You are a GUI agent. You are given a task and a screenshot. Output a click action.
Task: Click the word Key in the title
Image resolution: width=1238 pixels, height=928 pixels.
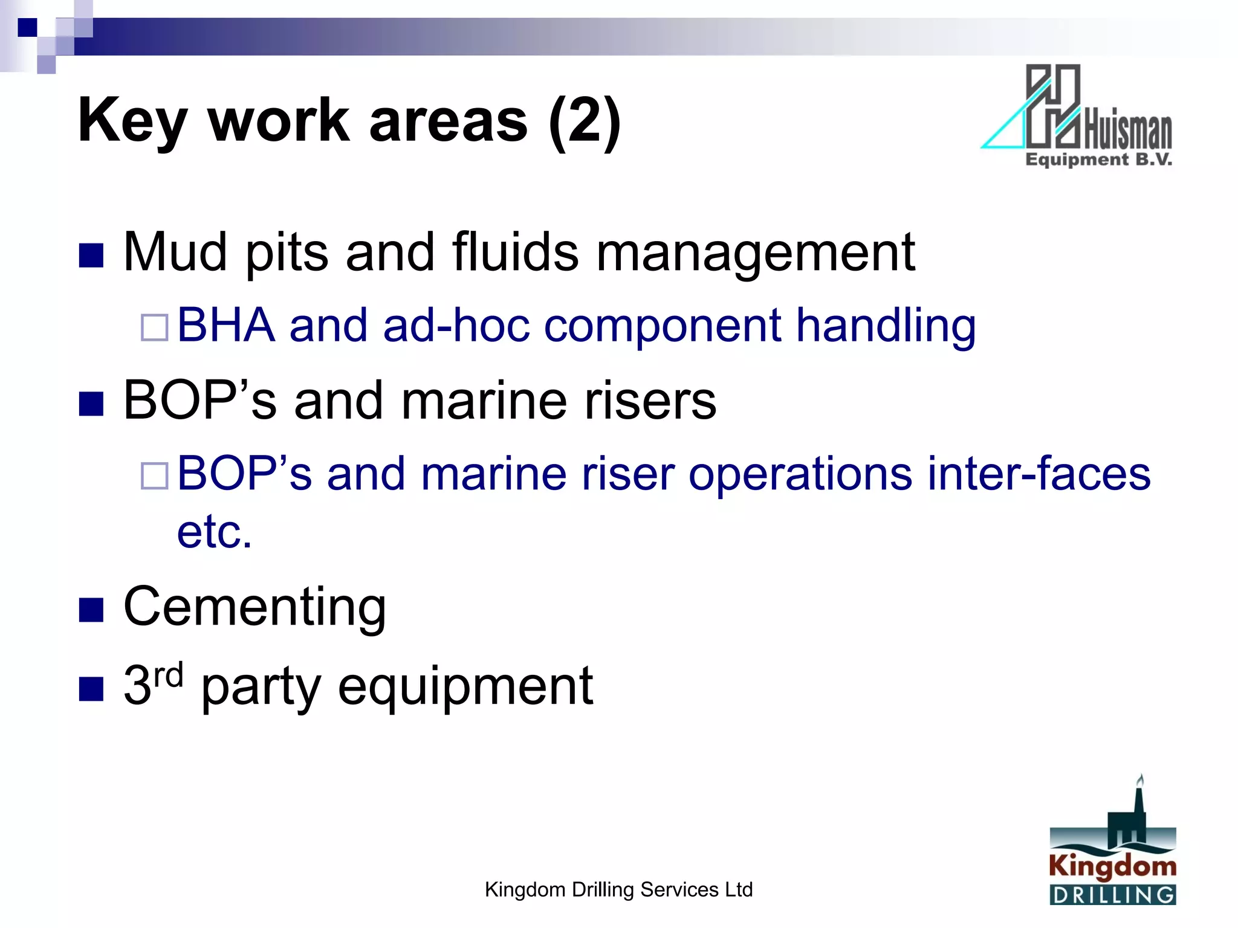[x=132, y=121]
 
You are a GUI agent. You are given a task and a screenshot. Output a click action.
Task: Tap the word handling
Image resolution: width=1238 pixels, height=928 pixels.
[x=886, y=327]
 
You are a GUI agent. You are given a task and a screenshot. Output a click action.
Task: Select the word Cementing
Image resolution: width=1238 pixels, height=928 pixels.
[x=254, y=607]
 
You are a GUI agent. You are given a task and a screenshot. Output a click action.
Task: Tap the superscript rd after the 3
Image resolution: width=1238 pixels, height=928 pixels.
[x=168, y=675]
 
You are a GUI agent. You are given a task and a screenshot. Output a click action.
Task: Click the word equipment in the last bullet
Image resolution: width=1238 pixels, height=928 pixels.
[x=465, y=688]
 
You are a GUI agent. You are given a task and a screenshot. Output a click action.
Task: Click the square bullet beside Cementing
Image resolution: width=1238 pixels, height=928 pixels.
[x=91, y=610]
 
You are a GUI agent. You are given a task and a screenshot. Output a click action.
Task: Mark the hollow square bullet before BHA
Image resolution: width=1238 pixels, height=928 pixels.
[x=154, y=328]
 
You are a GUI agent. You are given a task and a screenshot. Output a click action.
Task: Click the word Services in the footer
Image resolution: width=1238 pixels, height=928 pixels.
[x=679, y=890]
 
